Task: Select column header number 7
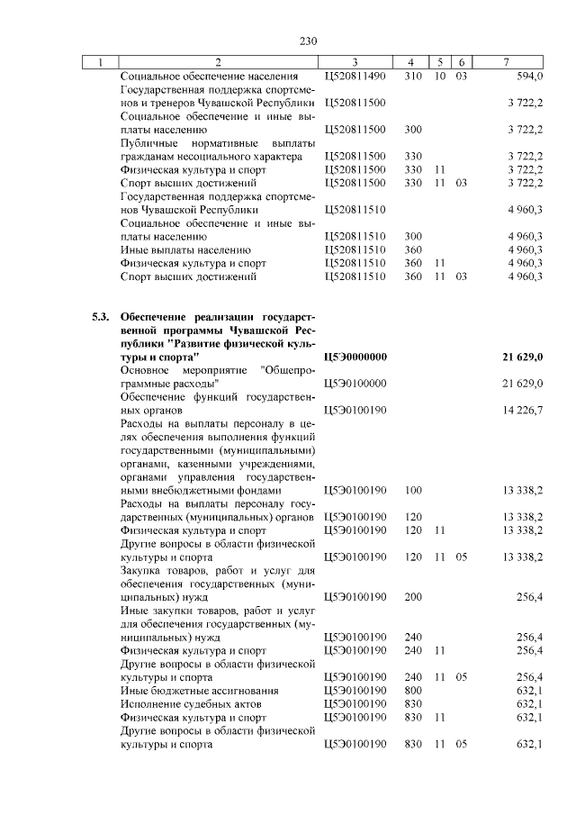pyautogui.click(x=508, y=62)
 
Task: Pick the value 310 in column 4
pyautogui.click(x=413, y=77)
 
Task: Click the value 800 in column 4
pyautogui.click(x=413, y=690)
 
